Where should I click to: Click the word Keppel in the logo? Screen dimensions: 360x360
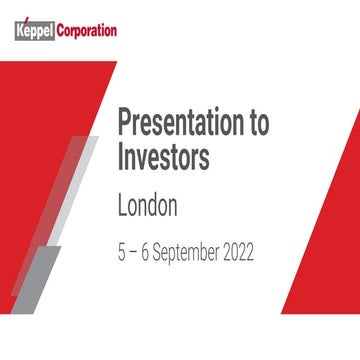tap(37, 30)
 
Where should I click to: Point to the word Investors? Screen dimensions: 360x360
tap(164, 160)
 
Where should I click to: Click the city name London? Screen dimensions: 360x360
tap(147, 206)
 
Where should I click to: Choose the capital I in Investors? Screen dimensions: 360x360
tap(121, 160)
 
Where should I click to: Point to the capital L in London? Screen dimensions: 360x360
tap(122, 206)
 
